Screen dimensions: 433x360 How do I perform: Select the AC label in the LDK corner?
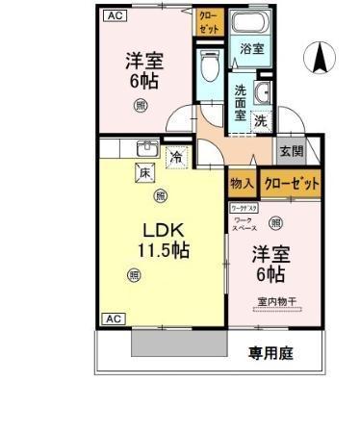[x=113, y=318]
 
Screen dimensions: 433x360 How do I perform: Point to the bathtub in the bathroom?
[x=253, y=27]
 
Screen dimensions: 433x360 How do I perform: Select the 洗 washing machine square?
[x=261, y=121]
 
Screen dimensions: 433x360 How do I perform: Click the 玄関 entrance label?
[x=291, y=151]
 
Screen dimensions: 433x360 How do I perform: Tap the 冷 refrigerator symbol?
[x=176, y=154]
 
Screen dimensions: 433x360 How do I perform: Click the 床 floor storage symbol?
[x=144, y=173]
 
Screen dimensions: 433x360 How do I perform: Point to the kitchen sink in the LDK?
[x=147, y=148]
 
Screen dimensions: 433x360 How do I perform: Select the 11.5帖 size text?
[x=162, y=252]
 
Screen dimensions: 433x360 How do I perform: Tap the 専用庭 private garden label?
[x=270, y=353]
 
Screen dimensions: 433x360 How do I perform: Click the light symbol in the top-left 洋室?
[x=141, y=105]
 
